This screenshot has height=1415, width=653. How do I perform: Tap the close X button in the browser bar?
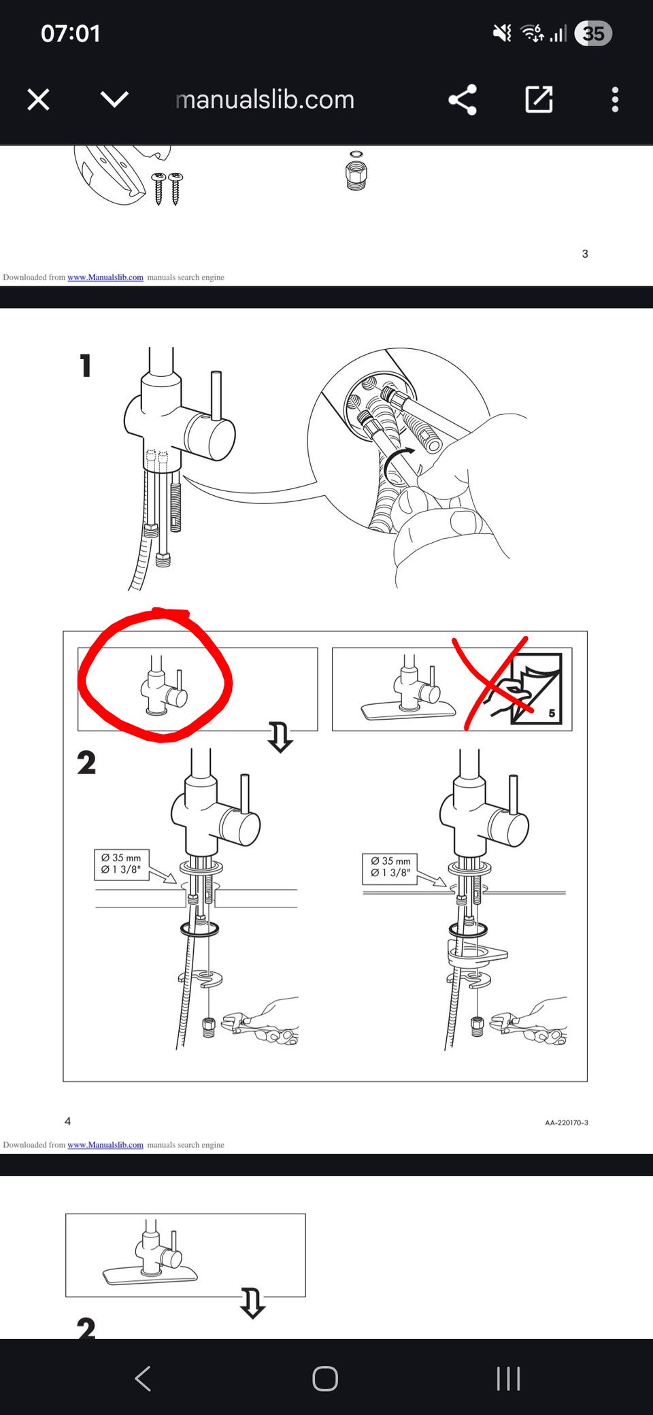(38, 100)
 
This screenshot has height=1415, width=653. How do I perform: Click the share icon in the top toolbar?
(463, 100)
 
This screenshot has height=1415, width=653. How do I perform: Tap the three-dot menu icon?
(615, 100)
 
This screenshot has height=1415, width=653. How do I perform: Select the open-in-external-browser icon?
(539, 99)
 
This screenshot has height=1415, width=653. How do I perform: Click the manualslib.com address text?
(265, 100)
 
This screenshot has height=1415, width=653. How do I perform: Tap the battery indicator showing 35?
(593, 33)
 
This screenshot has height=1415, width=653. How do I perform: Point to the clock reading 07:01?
(71, 33)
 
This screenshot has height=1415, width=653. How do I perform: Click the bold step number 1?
(85, 365)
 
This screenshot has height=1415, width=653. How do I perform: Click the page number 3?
(585, 254)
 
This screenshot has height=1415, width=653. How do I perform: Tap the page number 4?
(67, 1121)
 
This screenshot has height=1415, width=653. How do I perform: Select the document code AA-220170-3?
(567, 1122)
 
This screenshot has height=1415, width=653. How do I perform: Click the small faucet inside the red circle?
(163, 686)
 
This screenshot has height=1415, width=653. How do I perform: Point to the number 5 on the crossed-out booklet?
(552, 713)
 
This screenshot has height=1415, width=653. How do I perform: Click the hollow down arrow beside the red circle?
(280, 737)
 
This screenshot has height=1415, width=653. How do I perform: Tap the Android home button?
(325, 1379)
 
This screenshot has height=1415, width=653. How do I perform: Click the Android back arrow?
(143, 1379)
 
